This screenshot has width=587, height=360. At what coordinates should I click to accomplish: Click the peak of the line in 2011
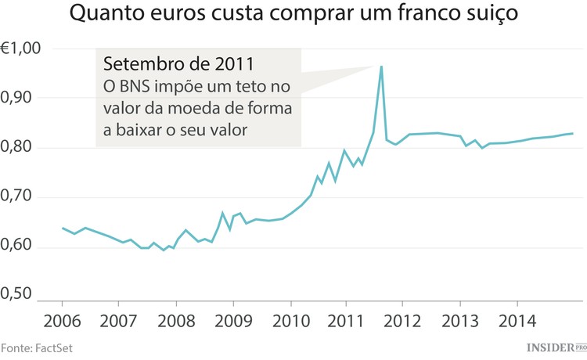point(380,67)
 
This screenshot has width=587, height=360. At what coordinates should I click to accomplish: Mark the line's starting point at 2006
point(63,228)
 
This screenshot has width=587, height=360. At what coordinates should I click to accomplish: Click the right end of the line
point(573,133)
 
